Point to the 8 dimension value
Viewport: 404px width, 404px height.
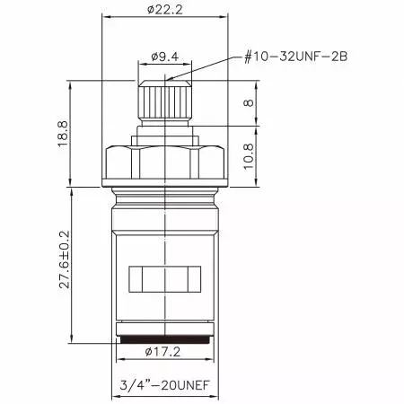click(250, 104)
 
